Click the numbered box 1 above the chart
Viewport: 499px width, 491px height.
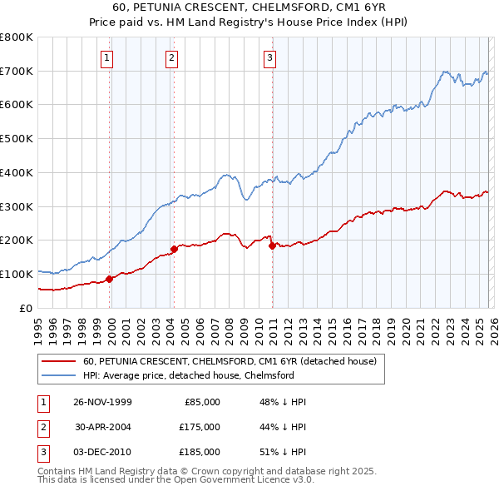pyautogui.click(x=109, y=57)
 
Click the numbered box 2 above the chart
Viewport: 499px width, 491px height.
pyautogui.click(x=170, y=57)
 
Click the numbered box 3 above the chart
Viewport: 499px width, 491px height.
pyautogui.click(x=270, y=57)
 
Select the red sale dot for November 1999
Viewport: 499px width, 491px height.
pyautogui.click(x=110, y=279)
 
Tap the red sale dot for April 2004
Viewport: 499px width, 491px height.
pyautogui.click(x=174, y=248)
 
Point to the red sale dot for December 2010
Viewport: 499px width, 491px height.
pyautogui.click(x=272, y=245)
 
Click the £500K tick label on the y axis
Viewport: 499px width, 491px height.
pyautogui.click(x=17, y=139)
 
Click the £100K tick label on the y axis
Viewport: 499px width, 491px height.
pyautogui.click(x=17, y=274)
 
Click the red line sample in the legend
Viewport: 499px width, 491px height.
pyautogui.click(x=58, y=361)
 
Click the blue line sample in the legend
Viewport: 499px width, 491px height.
pyautogui.click(x=58, y=375)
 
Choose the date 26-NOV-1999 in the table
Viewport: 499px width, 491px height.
pyautogui.click(x=102, y=402)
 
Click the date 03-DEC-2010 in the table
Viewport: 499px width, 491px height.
pyautogui.click(x=102, y=452)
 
